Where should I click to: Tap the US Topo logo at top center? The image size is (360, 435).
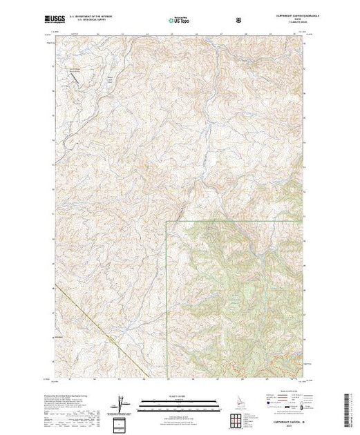coord(179,21)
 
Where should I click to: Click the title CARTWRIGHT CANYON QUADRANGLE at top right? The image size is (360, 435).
coord(283,17)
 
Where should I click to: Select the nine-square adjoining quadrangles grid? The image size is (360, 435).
coord(238,418)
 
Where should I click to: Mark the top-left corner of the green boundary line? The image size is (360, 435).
coord(167,221)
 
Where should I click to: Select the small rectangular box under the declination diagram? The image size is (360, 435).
coord(122,423)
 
